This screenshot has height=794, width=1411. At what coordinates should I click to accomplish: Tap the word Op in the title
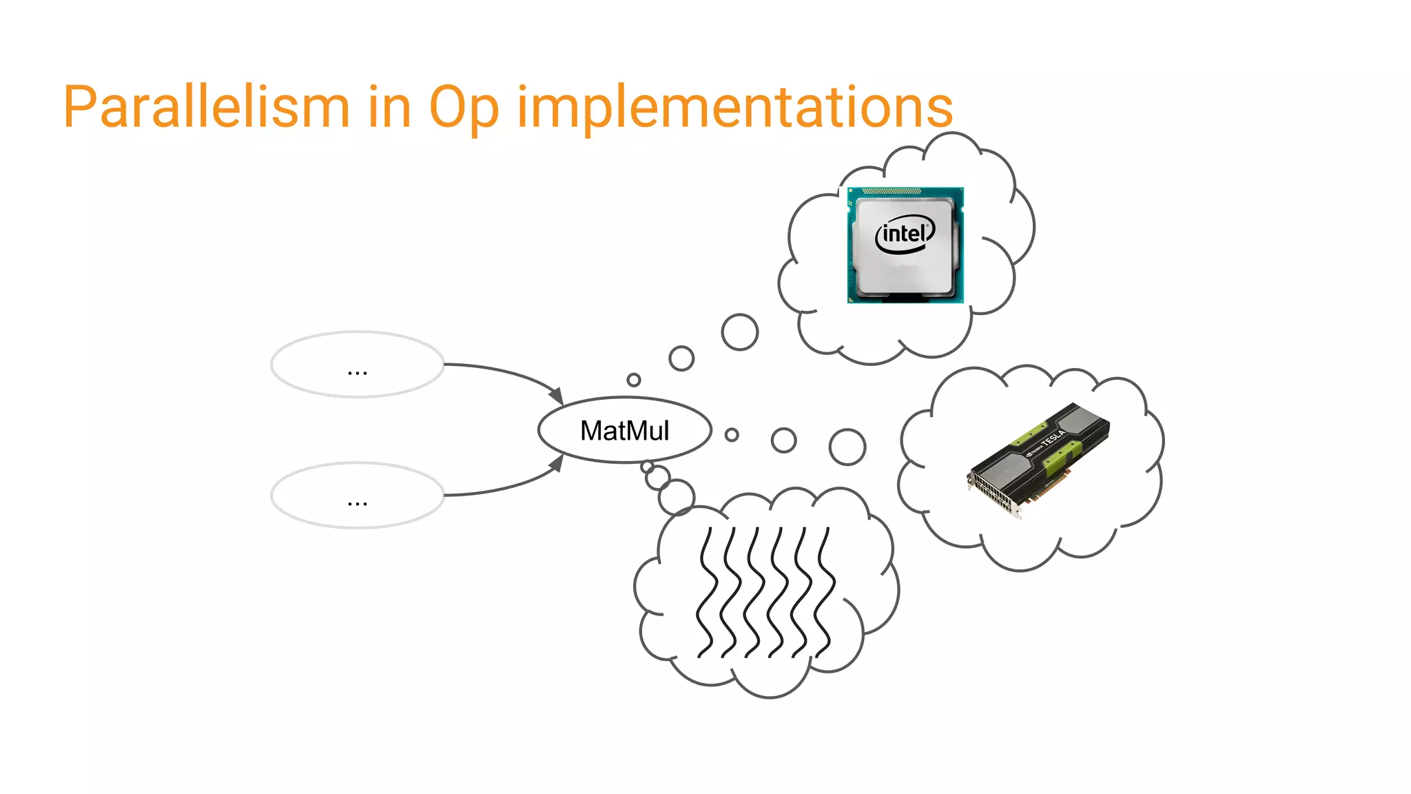(463, 109)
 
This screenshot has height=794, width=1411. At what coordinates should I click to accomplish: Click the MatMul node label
(624, 431)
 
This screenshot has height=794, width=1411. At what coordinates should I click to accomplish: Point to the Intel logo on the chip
(905, 234)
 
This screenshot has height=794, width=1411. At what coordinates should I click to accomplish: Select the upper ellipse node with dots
(357, 365)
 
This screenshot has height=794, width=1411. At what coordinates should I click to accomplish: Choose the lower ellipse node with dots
(357, 496)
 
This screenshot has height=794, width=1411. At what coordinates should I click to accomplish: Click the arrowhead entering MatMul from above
(557, 396)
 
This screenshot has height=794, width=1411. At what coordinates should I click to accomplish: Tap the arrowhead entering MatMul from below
(557, 464)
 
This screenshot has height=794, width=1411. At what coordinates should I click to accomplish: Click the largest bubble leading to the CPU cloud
(740, 332)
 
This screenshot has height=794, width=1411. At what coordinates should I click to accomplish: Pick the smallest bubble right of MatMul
(732, 435)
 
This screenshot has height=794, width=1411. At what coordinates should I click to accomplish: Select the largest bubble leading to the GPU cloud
(847, 447)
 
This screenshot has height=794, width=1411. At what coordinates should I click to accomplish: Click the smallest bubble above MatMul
(634, 380)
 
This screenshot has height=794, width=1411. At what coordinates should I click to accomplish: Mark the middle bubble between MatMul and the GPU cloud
(783, 440)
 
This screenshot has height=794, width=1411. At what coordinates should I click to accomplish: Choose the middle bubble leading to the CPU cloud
(681, 358)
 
